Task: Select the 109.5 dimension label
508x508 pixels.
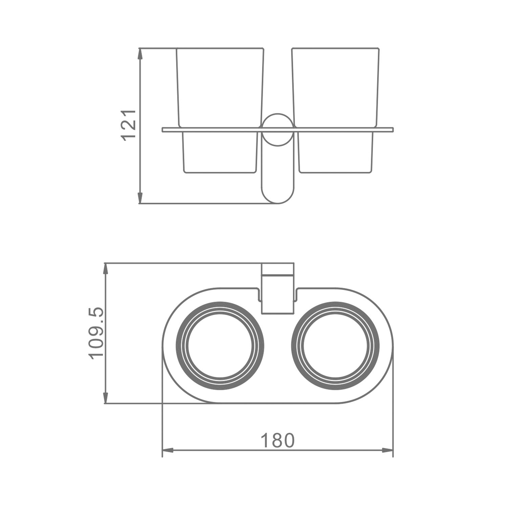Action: pos(96,333)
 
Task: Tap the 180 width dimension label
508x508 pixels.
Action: pos(277,441)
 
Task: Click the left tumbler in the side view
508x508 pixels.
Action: pos(220,110)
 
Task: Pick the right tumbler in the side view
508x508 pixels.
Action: pos(335,110)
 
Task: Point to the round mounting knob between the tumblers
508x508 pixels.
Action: pos(278,130)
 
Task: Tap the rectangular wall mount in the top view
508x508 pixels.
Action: pos(277,288)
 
